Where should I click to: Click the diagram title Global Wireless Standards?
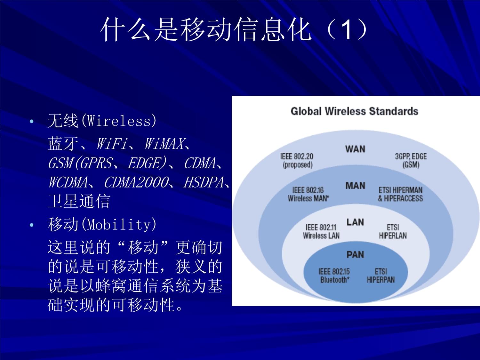[x=354, y=111]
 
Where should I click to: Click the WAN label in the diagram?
[x=355, y=149]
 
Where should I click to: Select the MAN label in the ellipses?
[x=355, y=186]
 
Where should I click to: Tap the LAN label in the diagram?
[x=355, y=222]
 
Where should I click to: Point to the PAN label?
[x=355, y=255]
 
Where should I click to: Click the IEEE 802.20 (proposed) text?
[x=297, y=161]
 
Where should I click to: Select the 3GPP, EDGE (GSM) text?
[x=411, y=161]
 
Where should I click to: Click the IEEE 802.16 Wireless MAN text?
[x=308, y=194]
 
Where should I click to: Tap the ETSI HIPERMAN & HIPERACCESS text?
[x=400, y=194]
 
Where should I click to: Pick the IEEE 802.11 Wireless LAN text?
[x=321, y=231]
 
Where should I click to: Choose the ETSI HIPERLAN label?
[x=393, y=231]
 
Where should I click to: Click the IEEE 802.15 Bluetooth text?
[x=334, y=276]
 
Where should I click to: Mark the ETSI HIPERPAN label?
[x=380, y=276]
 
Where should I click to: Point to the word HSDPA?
[x=204, y=182]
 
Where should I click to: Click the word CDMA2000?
[x=136, y=182]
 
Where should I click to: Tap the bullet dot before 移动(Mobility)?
[x=31, y=225]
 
